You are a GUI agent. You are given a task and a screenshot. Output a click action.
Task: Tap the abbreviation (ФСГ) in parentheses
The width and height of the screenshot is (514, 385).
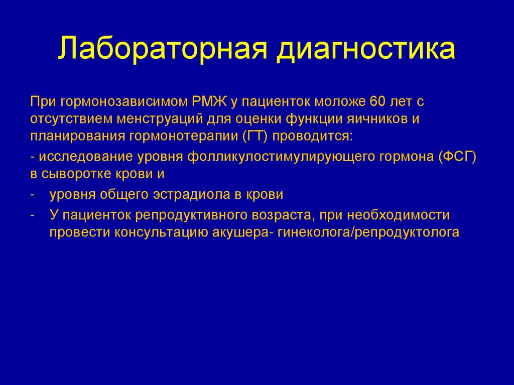(457, 157)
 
